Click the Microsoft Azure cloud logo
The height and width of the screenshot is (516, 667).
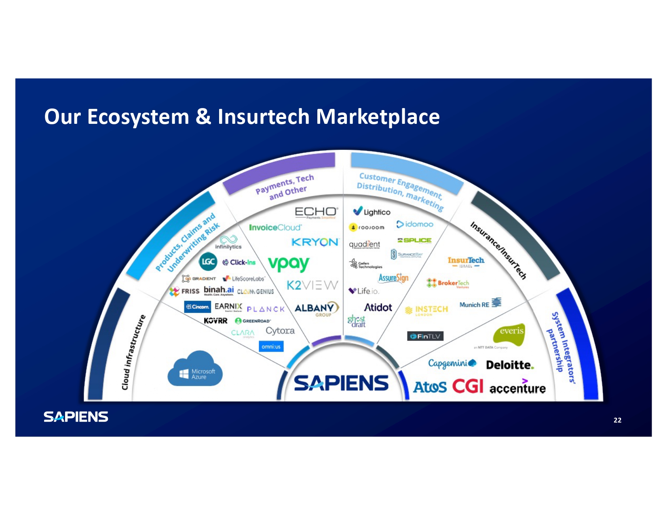(195, 369)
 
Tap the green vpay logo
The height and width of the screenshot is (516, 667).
(289, 264)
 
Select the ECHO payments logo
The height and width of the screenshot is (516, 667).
(316, 212)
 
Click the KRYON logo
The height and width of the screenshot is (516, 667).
(315, 242)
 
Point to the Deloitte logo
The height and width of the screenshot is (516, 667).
(509, 365)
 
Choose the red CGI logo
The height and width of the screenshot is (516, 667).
(467, 386)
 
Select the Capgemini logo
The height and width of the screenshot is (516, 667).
(452, 363)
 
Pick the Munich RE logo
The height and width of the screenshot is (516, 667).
(480, 304)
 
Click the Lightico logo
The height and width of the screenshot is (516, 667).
(372, 212)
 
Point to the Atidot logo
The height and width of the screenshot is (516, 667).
(378, 308)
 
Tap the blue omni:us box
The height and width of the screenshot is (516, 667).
(271, 346)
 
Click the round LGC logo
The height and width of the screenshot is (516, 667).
(208, 261)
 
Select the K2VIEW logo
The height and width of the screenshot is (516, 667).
(312, 285)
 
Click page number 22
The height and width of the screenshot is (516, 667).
(617, 420)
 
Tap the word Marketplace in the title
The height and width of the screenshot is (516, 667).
(378, 117)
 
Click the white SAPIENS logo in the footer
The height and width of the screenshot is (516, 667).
(76, 417)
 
